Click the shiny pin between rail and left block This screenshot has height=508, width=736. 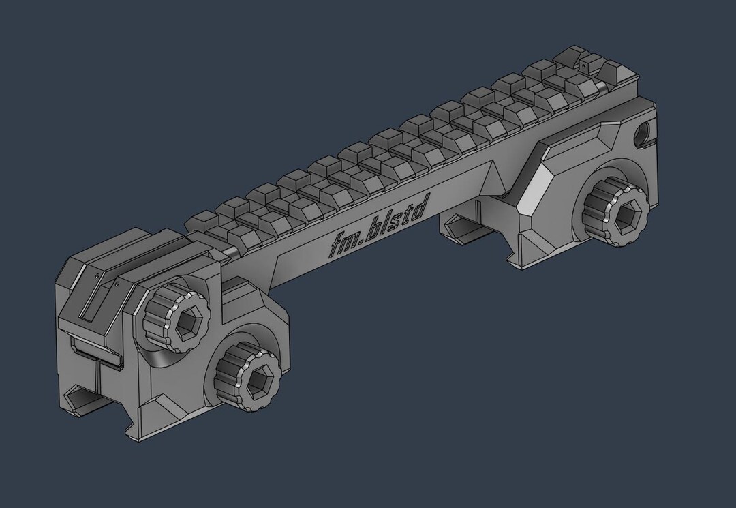point(228,252)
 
